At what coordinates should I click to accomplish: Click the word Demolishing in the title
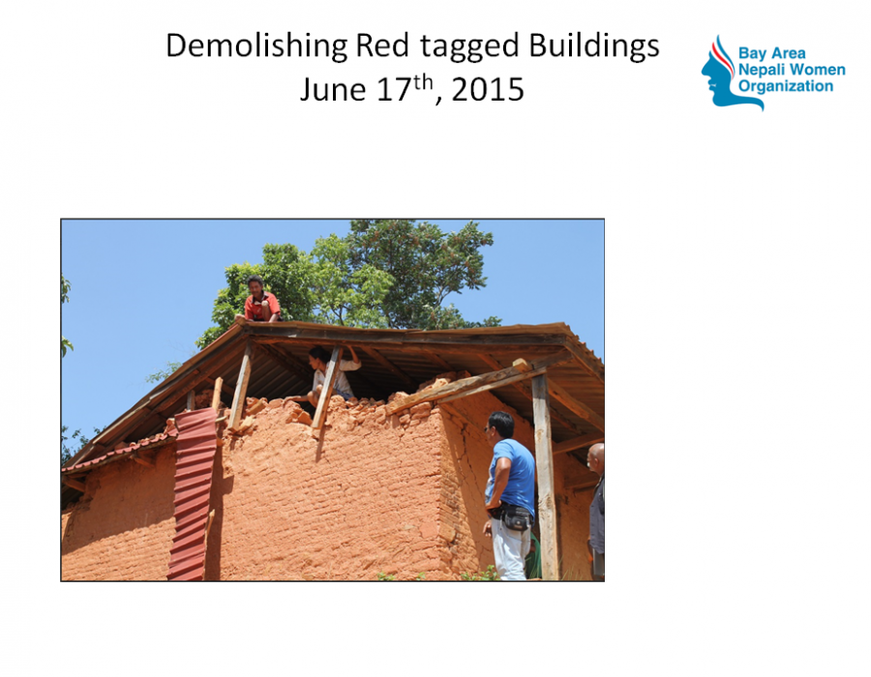256,46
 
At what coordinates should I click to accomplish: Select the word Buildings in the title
594,46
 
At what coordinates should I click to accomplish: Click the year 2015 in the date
488,89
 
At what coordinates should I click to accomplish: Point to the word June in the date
333,89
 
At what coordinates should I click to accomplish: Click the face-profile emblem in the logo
723,74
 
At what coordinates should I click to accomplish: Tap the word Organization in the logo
786,87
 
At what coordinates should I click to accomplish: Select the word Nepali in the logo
761,70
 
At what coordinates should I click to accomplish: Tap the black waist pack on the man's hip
515,517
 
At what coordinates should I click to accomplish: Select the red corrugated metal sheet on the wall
193,494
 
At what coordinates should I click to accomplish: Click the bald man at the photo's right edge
596,510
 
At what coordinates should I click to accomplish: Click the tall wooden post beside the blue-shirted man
546,477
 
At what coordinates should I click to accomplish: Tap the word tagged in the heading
469,46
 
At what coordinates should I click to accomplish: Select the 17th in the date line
405,88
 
